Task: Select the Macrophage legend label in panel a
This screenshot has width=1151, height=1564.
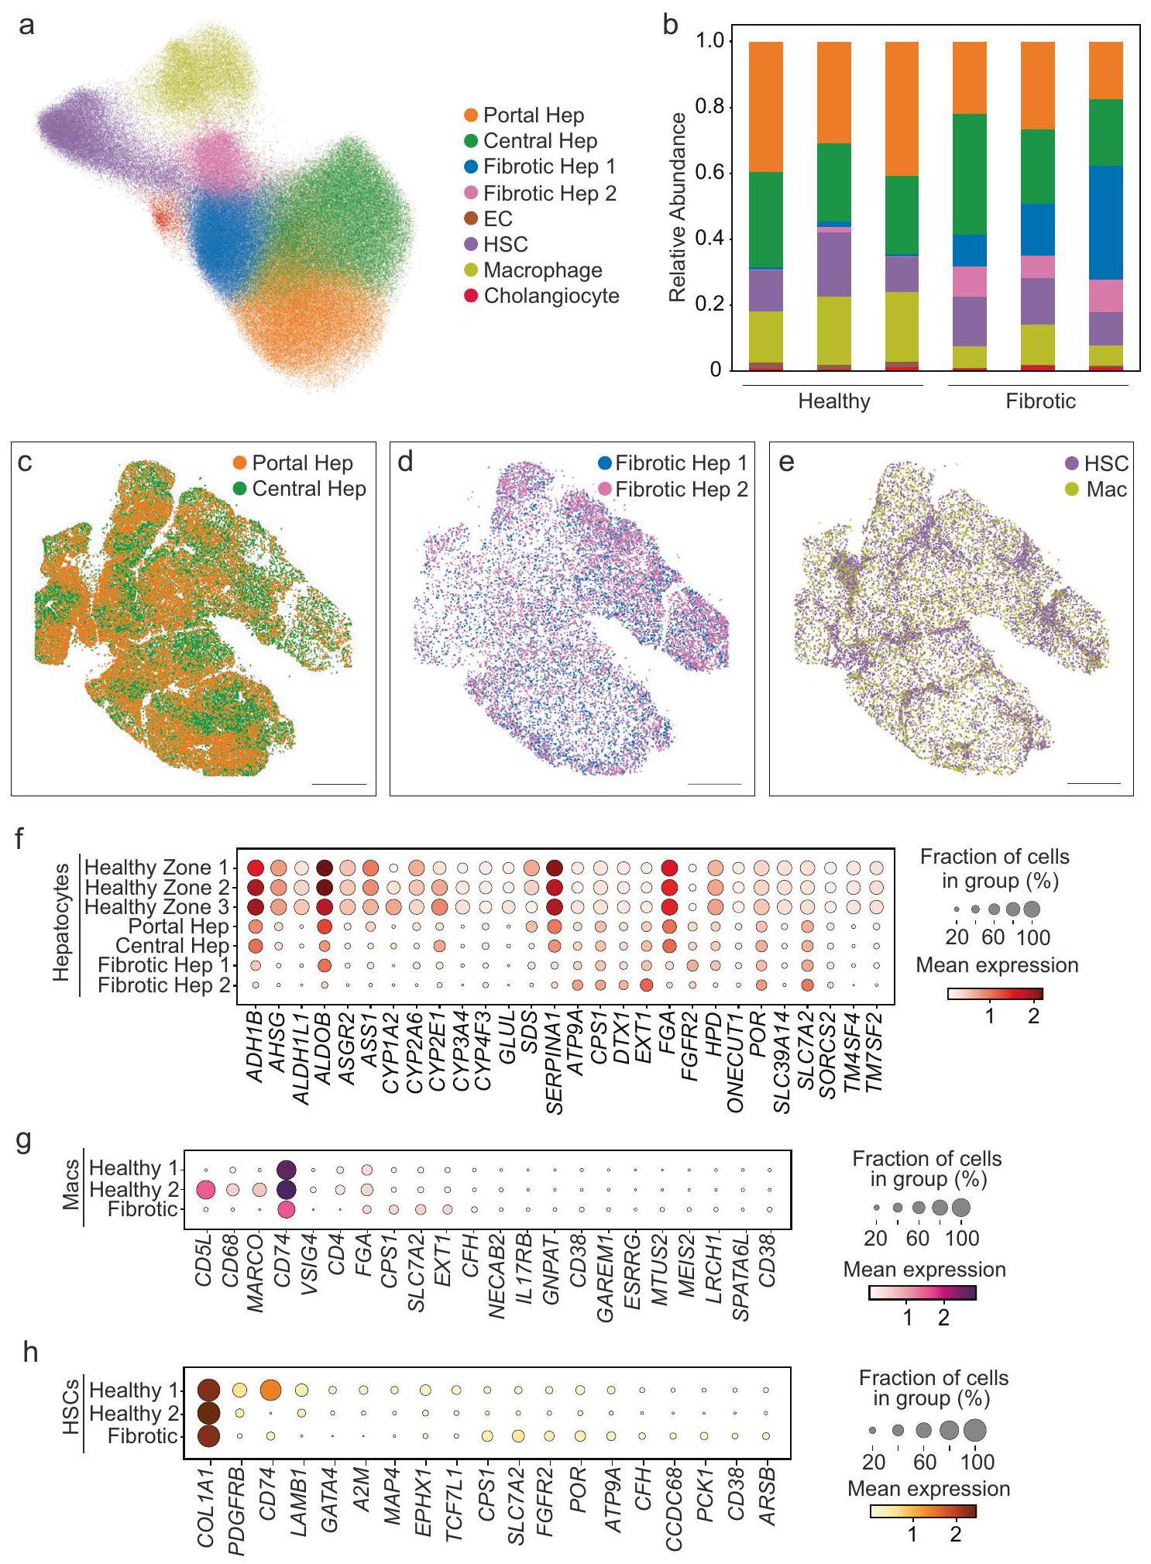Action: click(x=542, y=270)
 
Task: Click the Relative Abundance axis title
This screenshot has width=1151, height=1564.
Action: click(x=679, y=207)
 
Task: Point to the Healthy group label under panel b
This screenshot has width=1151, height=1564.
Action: click(x=834, y=401)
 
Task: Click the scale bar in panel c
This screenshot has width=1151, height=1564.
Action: click(x=338, y=784)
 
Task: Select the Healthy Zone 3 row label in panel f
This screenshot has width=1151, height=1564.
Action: click(x=156, y=906)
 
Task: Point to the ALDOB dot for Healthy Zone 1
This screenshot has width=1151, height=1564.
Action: click(x=325, y=868)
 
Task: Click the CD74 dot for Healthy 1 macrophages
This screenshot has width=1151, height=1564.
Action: click(x=286, y=1169)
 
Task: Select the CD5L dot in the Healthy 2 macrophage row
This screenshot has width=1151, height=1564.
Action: click(x=206, y=1189)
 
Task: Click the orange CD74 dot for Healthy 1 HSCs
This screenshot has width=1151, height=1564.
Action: click(x=270, y=1390)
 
